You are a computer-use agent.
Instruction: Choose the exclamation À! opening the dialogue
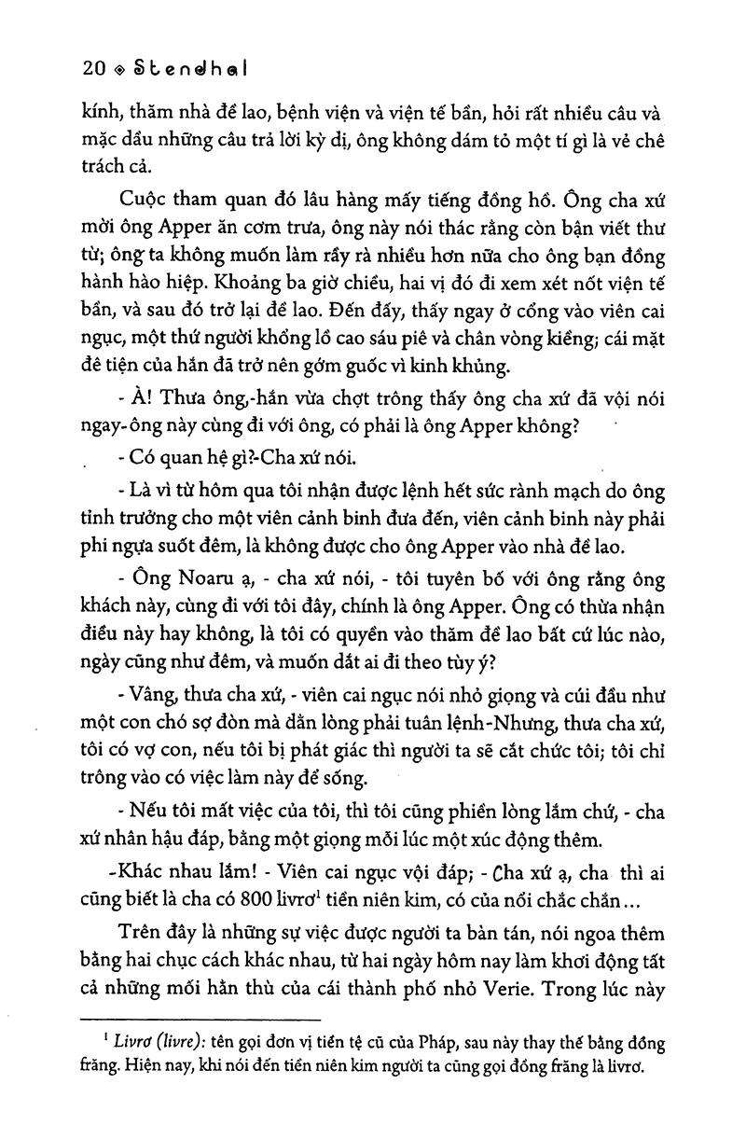point(142,396)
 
